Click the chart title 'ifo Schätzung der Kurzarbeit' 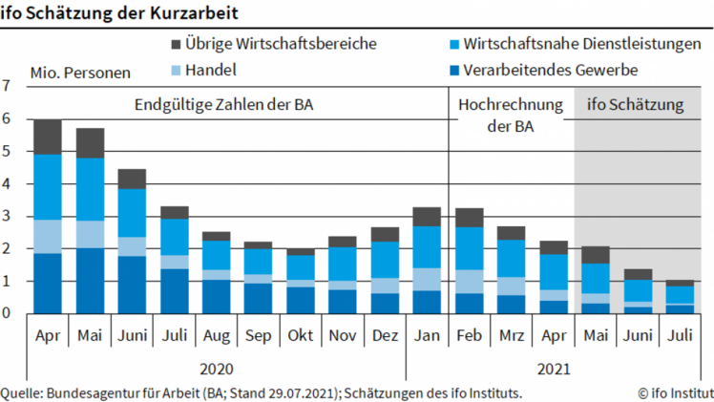[x=119, y=12]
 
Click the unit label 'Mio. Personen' [x=80, y=73]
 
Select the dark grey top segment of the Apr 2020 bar [x=48, y=137]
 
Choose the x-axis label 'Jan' [x=426, y=336]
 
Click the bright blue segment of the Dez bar [x=385, y=260]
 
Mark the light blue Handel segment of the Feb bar [x=470, y=282]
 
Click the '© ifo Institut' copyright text [x=675, y=392]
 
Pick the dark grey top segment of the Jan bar [x=426, y=216]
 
